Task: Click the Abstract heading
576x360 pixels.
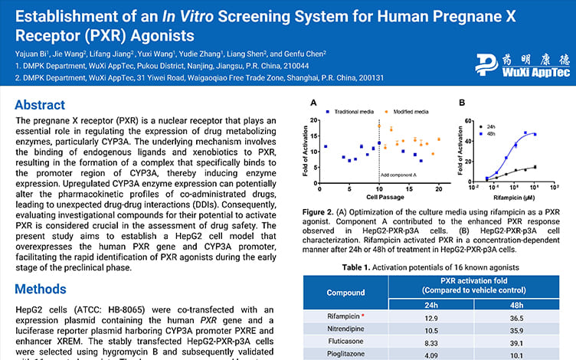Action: click(x=45, y=105)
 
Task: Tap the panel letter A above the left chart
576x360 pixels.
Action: click(x=312, y=103)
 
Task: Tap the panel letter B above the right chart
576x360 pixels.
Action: click(x=461, y=103)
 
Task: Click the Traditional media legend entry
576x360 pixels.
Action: click(x=349, y=111)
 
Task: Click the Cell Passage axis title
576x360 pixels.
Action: click(x=379, y=198)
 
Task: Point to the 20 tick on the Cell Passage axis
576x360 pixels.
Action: click(x=439, y=188)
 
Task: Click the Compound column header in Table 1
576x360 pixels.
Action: click(x=345, y=293)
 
